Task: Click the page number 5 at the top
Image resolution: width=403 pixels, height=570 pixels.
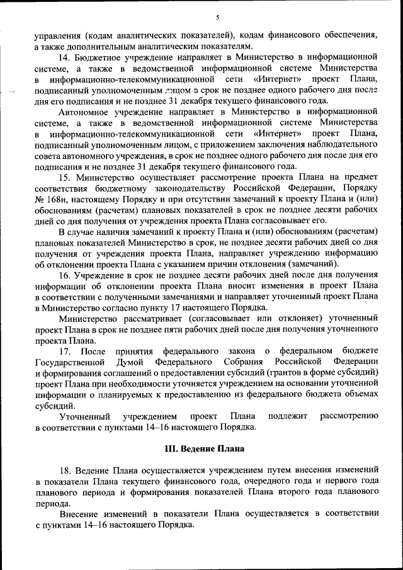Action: [x=217, y=17]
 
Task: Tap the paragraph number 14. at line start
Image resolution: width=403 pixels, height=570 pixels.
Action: [x=66, y=57]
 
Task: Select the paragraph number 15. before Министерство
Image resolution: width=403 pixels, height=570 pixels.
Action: [x=66, y=178]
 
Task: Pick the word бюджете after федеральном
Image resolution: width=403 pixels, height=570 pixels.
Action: [x=357, y=350]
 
